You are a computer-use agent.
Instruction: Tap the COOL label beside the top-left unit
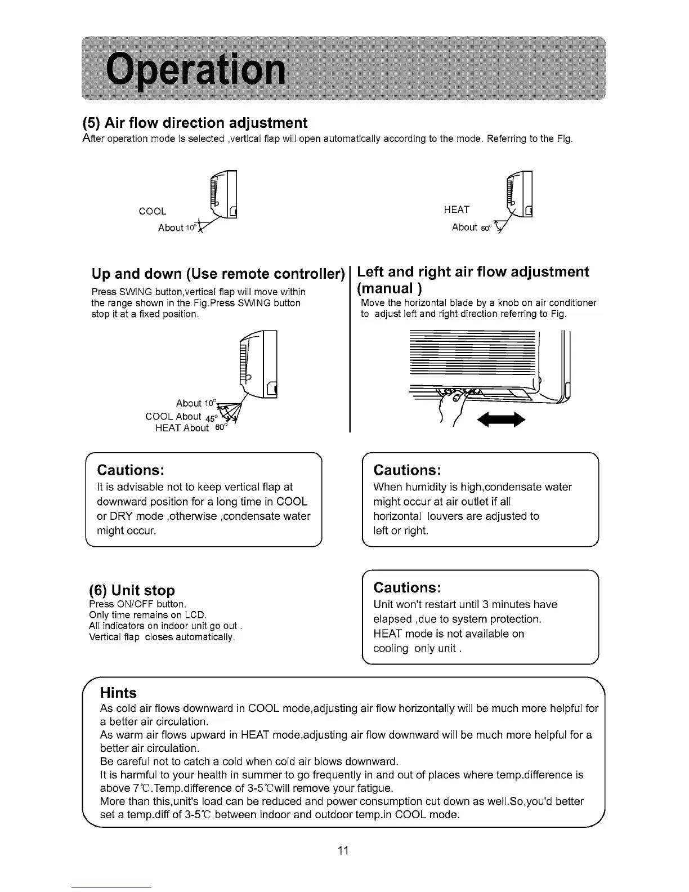click(x=153, y=211)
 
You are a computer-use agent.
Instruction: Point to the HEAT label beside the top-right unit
click(x=457, y=209)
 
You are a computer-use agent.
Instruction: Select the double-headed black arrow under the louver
click(x=500, y=420)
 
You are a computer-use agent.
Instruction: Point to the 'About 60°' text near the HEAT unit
click(x=471, y=228)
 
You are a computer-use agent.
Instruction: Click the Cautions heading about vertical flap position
click(x=131, y=470)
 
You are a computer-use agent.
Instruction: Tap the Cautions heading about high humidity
click(x=407, y=470)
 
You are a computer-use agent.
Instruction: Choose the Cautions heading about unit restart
click(x=407, y=587)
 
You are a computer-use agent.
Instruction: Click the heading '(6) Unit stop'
click(x=132, y=590)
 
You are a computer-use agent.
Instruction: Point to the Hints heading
click(x=118, y=692)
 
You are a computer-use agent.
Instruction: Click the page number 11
click(x=343, y=850)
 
